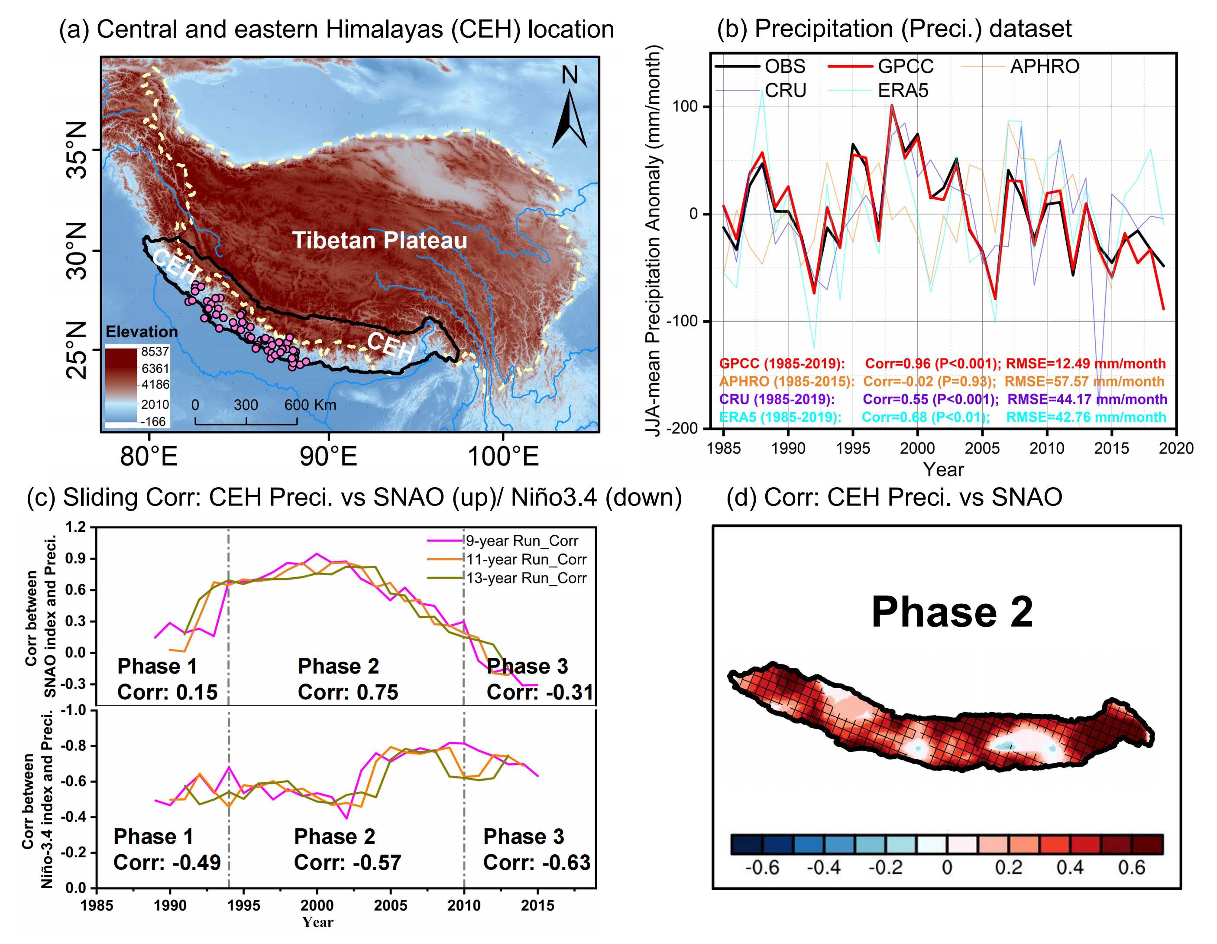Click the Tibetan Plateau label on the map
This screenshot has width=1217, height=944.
point(379,240)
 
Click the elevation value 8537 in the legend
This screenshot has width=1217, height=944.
point(154,351)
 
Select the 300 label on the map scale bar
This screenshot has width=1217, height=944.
point(246,405)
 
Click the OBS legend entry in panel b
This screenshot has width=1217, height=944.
point(785,66)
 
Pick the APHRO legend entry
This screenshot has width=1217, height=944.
point(1045,66)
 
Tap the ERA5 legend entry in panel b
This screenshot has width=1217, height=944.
point(903,90)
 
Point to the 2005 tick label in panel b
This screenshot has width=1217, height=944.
point(982,448)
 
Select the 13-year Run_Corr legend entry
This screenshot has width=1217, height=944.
point(526,578)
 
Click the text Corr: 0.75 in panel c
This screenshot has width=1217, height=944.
point(348,692)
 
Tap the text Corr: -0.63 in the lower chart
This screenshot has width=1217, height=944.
point(536,862)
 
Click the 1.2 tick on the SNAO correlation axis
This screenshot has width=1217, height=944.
point(75,527)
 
